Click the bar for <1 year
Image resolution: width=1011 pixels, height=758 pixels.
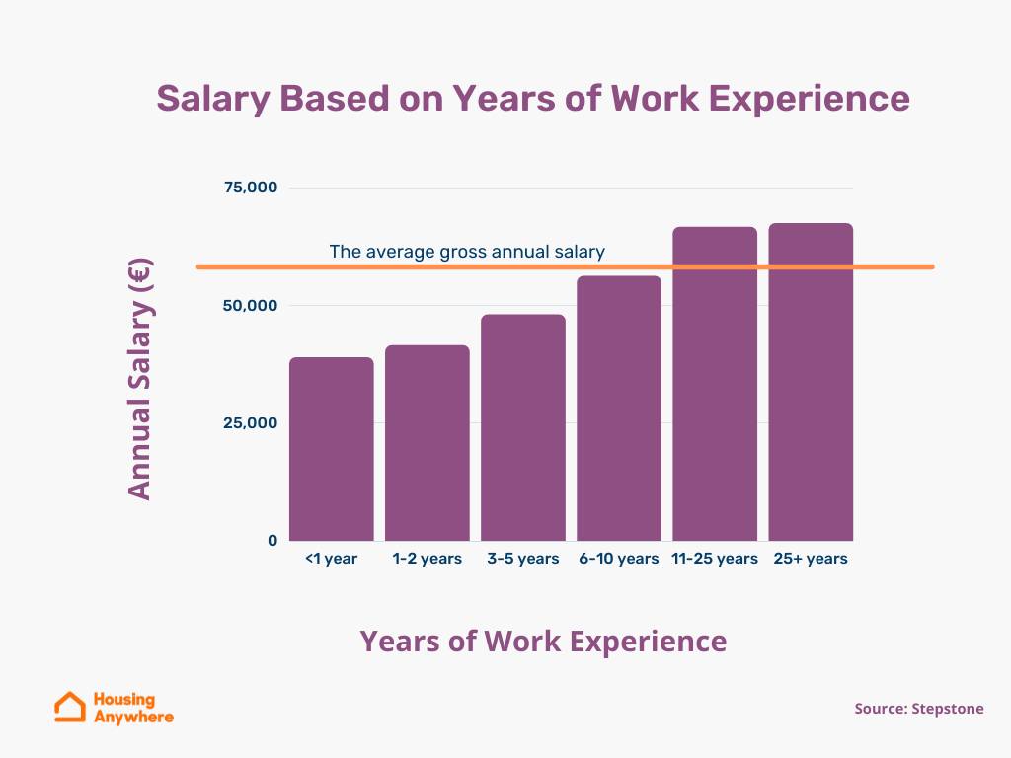(x=332, y=449)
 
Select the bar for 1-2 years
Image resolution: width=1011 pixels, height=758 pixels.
(x=428, y=443)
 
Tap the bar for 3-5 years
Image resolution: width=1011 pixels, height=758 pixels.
(x=523, y=427)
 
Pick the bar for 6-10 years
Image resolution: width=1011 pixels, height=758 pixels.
(x=619, y=409)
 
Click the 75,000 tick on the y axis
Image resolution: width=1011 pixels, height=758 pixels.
(x=250, y=188)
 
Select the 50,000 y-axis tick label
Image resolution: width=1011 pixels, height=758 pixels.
(x=250, y=305)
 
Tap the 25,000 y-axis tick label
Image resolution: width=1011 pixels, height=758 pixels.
(x=250, y=422)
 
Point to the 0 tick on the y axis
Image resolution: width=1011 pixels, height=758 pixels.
(x=272, y=540)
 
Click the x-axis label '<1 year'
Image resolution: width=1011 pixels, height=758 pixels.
(x=332, y=559)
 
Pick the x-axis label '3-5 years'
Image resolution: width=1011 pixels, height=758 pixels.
(x=523, y=559)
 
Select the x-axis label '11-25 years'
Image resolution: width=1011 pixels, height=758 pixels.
(x=715, y=559)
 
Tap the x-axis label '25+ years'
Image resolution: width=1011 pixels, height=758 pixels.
(x=811, y=559)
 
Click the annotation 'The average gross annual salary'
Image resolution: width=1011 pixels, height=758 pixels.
(x=467, y=252)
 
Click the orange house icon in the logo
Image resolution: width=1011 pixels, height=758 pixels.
(x=70, y=707)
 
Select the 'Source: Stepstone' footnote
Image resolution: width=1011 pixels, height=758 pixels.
(x=919, y=709)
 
